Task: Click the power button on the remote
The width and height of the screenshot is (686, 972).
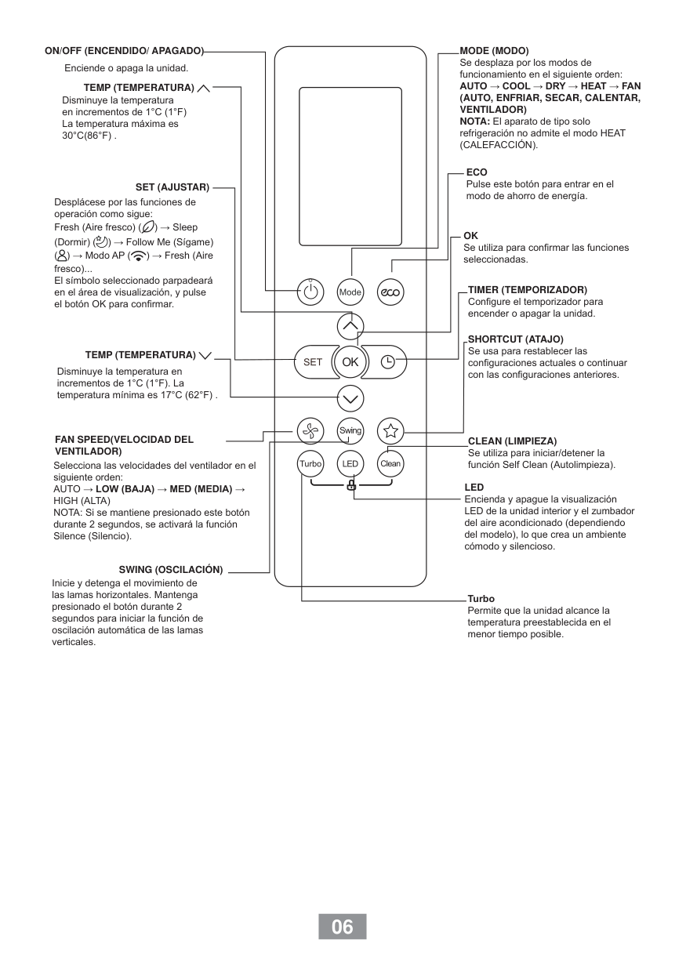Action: pos(310,292)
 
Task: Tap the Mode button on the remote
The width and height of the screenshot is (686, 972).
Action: pos(350,292)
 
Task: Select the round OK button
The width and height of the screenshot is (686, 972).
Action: pos(350,361)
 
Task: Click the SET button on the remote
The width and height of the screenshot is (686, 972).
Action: pos(313,361)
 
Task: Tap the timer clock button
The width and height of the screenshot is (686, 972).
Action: pos(388,361)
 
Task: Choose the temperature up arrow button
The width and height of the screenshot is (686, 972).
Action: pos(350,325)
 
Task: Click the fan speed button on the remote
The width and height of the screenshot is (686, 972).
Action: pos(310,430)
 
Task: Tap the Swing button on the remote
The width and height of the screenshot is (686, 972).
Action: pos(350,430)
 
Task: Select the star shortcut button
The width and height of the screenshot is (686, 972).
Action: pos(390,430)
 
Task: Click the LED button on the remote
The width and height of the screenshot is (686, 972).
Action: pos(350,463)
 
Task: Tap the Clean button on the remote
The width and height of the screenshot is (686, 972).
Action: pos(390,463)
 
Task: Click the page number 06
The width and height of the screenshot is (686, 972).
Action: pos(343,927)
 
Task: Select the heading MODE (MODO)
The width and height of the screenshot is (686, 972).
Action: pos(494,51)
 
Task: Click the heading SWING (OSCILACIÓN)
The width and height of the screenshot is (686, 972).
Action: pos(171,569)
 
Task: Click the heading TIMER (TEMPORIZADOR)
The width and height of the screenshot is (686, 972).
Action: pos(527,290)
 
